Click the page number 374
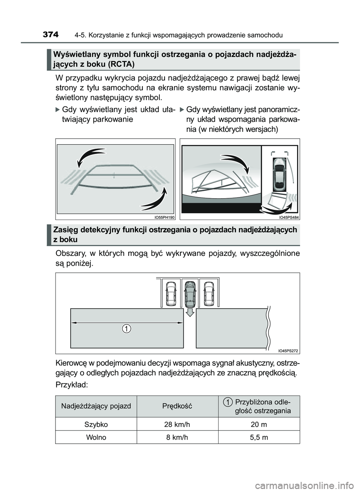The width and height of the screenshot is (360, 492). pyautogui.click(x=51, y=35)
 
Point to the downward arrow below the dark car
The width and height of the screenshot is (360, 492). pyautogui.click(x=190, y=312)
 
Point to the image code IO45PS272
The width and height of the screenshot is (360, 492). pyautogui.click(x=288, y=351)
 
